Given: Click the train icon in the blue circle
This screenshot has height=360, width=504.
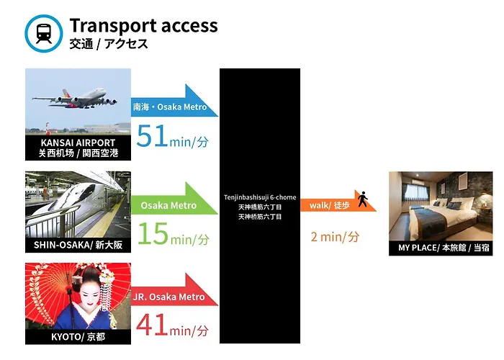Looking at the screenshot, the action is (44, 33).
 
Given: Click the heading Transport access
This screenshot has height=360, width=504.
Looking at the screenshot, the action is (143, 26).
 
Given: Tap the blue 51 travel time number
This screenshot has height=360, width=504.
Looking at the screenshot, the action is (153, 135).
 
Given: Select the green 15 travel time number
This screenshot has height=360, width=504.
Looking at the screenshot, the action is (153, 233).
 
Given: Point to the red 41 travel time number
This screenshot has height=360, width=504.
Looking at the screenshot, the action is (153, 325).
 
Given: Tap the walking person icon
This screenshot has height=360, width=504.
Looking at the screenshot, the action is (363, 199).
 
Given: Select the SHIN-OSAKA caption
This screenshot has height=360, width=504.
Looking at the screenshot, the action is (78, 245).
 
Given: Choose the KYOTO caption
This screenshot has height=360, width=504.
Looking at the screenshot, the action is (78, 337).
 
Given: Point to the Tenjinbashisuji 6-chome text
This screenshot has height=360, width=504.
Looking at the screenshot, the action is (260, 197).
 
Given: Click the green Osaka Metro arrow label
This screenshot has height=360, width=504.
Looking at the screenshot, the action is (168, 205).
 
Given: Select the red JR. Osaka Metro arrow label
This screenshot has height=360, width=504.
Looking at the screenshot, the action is (168, 297).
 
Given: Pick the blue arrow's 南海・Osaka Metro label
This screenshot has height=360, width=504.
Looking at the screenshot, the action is (170, 107).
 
